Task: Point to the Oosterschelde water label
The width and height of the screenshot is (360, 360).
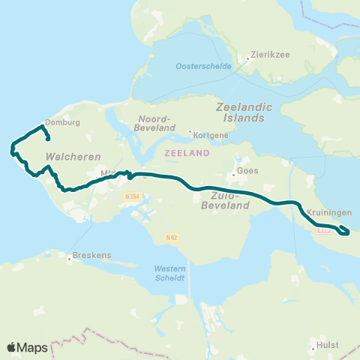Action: [200, 66]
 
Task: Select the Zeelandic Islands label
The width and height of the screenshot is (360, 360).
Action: [240, 112]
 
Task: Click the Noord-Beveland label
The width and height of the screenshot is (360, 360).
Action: [156, 124]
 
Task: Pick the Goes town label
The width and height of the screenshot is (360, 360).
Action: [247, 170]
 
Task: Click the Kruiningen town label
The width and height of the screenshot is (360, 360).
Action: [324, 212]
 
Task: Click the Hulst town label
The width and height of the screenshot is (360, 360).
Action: [328, 345]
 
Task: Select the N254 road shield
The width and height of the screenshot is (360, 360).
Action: [132, 196]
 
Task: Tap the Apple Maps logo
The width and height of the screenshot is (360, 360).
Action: [27, 347]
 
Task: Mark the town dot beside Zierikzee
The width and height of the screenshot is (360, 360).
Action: [248, 57]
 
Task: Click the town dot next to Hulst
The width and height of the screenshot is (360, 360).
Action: [313, 348]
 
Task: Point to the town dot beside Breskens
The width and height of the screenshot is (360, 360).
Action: [70, 259]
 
